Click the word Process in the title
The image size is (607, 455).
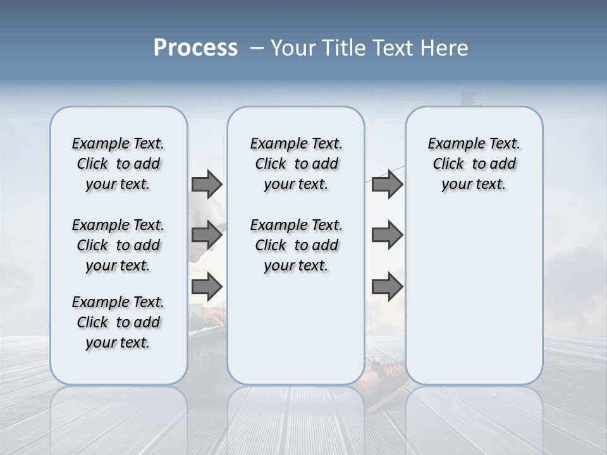click(195, 48)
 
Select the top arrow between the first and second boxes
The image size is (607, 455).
click(207, 185)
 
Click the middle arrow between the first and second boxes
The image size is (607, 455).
click(207, 236)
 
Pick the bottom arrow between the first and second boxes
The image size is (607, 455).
click(207, 287)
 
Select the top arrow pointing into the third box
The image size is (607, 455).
click(387, 185)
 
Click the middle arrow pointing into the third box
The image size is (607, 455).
click(387, 236)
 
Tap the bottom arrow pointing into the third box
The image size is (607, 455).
click(387, 287)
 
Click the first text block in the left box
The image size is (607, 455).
click(118, 164)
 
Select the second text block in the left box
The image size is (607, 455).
click(118, 245)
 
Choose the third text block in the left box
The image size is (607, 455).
click(118, 322)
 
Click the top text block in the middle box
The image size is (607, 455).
click(296, 164)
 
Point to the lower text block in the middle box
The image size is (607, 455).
click(296, 245)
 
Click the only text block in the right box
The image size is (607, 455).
click(474, 164)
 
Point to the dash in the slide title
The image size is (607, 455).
click(257, 48)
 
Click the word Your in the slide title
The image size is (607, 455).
click(289, 48)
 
